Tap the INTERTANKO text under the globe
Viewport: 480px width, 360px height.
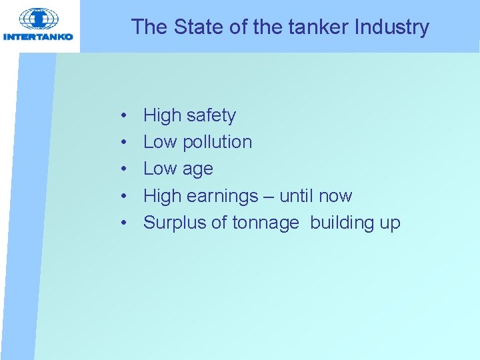(39, 37)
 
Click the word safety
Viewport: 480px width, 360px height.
(211, 116)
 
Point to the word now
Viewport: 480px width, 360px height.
(335, 196)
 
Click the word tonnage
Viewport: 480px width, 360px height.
(266, 223)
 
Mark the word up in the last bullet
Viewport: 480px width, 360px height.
(390, 223)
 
